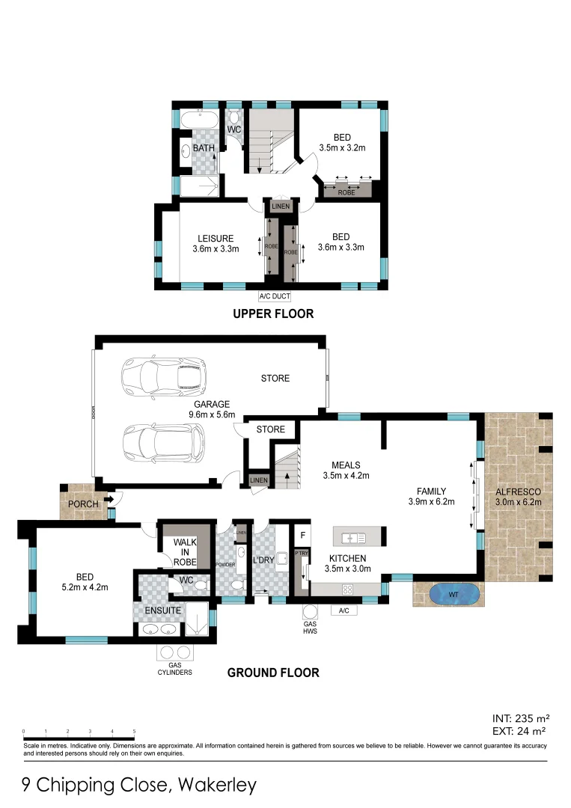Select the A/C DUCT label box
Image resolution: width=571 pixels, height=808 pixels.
275,296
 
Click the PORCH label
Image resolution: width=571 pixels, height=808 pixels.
82,504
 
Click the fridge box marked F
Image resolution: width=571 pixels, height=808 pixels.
303,536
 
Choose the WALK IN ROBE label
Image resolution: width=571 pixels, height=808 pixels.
185,552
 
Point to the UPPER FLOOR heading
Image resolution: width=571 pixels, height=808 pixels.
272,313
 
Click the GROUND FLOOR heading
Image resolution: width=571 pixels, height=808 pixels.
273,673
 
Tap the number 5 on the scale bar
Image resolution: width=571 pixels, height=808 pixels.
134,732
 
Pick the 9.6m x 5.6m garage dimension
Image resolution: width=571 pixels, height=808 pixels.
213,414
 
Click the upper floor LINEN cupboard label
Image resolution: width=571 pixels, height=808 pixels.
281,206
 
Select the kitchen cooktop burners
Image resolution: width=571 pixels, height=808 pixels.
348,590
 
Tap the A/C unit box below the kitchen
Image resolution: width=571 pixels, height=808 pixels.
344,611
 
